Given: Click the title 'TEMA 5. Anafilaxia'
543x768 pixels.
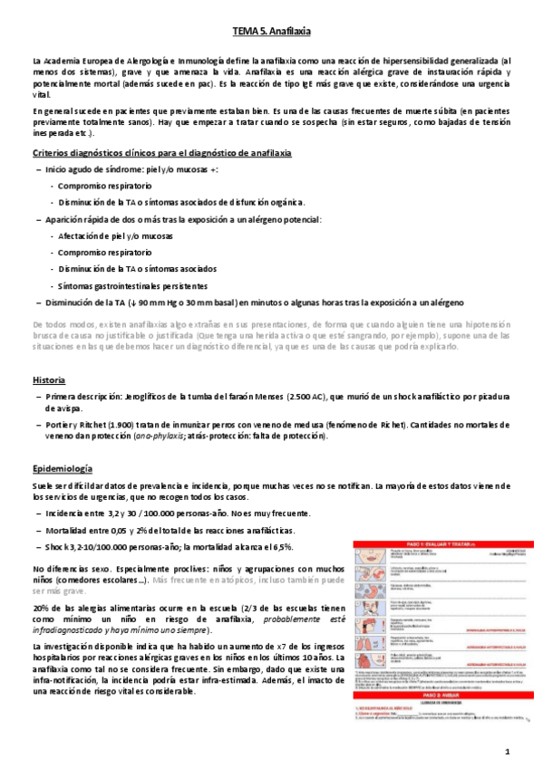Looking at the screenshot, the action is (271, 31).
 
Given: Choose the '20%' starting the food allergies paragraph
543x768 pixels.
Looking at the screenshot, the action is (40, 606).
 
